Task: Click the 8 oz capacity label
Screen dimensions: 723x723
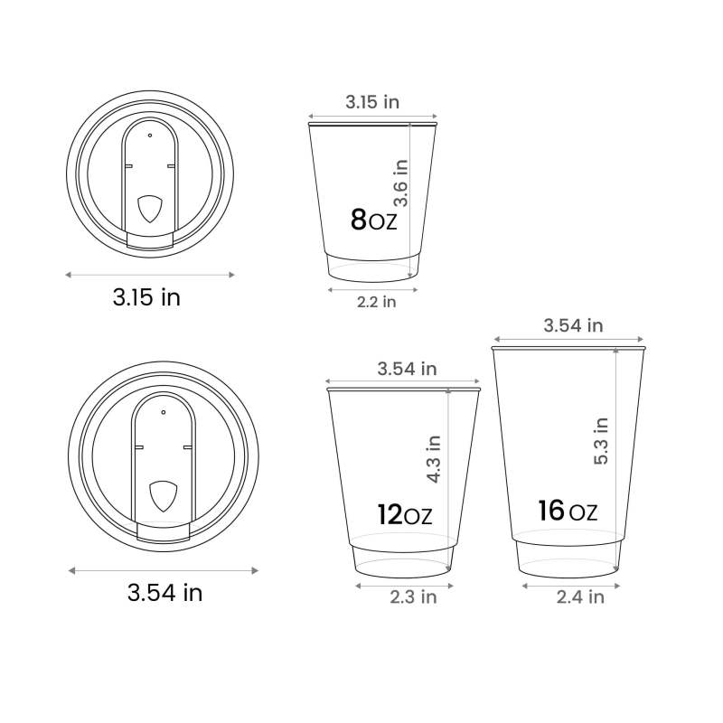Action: coord(373,220)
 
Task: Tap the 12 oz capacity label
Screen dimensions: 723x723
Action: coord(404,514)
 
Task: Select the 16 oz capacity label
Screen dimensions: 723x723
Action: coord(568,511)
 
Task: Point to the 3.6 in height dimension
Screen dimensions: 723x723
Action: coord(400,183)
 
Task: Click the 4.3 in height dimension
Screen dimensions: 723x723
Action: coord(434,459)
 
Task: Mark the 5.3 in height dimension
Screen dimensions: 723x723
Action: coord(601,441)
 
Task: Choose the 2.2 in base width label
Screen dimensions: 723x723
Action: coord(376,302)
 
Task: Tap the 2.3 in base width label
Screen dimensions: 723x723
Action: coord(413,597)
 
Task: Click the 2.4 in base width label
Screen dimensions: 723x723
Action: coord(580,597)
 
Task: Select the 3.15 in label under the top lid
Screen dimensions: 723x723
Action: coord(146,297)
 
